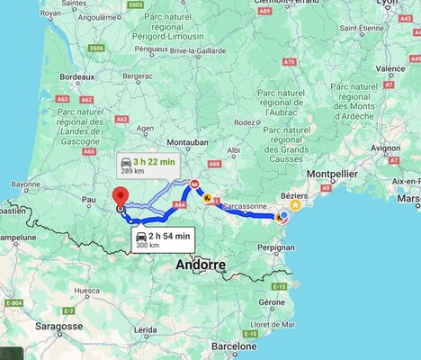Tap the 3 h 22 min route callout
(148, 166)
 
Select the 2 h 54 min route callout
(163, 238)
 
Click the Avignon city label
(385, 147)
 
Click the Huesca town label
(87, 291)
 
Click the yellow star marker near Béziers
(294, 205)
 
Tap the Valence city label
(390, 68)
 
